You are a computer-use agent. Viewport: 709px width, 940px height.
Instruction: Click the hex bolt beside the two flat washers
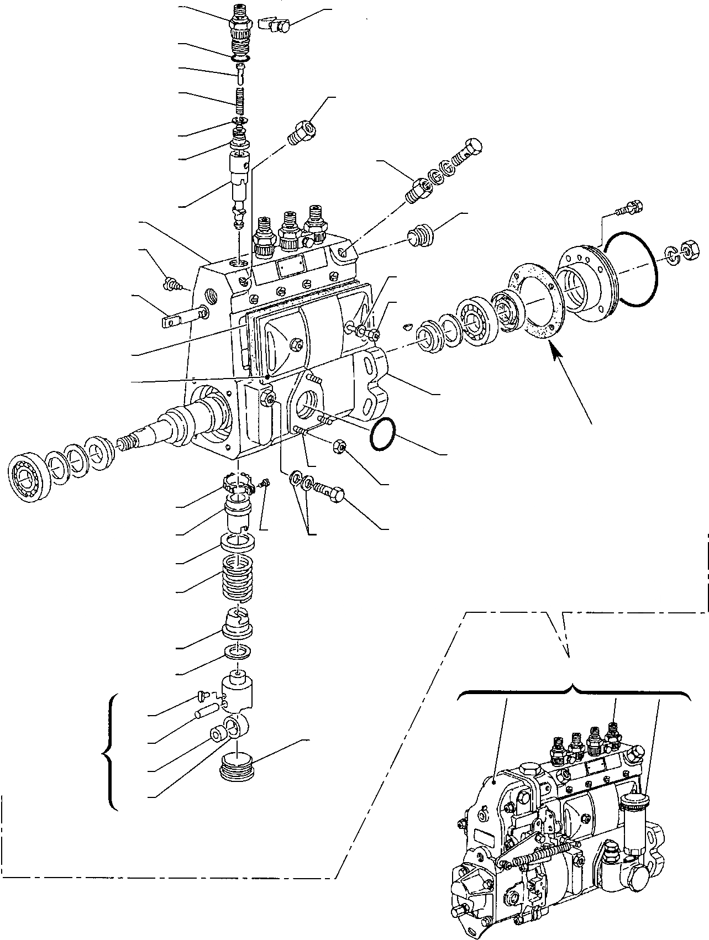(330, 490)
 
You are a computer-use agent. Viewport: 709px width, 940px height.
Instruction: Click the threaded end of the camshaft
(129, 443)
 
